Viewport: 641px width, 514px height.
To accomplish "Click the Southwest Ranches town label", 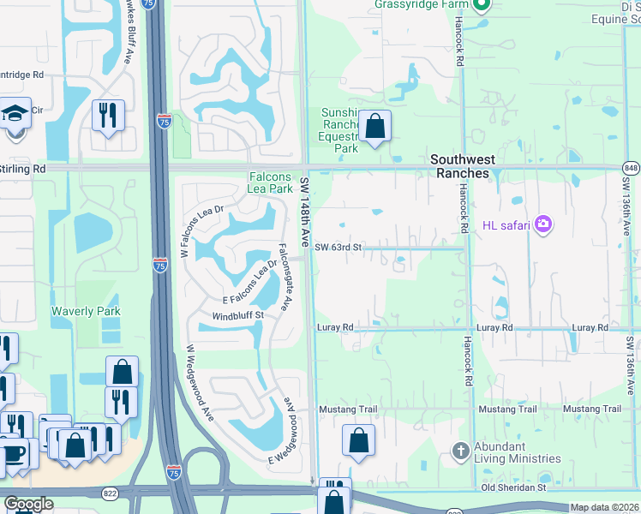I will point(459,166).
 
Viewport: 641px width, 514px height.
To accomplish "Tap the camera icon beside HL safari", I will point(542,225).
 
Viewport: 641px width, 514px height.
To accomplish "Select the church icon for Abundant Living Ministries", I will point(460,451).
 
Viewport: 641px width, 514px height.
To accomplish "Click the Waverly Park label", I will point(86,311).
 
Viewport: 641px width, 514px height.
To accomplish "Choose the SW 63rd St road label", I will point(338,248).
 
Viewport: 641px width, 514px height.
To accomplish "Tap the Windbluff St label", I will point(237,316).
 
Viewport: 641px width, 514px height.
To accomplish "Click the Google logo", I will point(28,504).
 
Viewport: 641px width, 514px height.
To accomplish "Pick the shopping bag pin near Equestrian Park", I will point(374,128).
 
